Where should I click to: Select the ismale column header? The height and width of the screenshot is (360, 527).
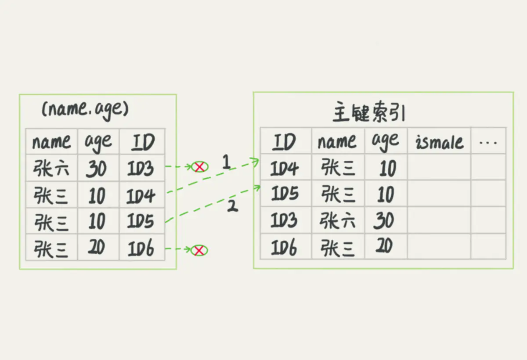440,142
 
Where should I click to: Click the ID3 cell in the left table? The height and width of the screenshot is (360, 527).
141,168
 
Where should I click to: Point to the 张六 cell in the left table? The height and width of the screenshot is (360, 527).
51,168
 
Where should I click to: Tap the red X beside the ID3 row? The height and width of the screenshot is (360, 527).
199,167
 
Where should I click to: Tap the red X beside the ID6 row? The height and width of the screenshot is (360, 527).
199,250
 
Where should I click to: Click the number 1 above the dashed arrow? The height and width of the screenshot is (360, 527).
226,162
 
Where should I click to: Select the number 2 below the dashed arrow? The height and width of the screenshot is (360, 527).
232,206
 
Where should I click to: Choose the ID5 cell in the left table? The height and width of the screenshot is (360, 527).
141,221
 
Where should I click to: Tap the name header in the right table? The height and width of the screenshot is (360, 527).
337,141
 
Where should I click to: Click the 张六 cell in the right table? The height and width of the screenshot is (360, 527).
337,220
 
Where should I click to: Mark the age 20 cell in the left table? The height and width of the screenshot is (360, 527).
96,247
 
